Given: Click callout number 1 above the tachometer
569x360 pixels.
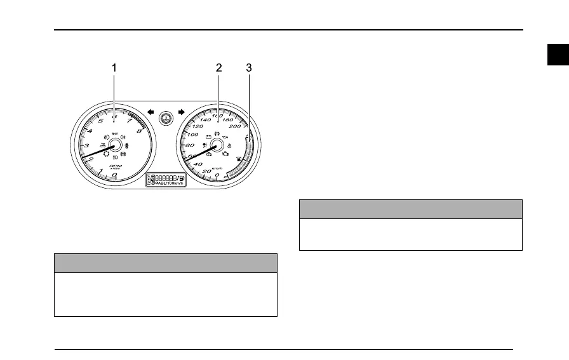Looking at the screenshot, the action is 114,67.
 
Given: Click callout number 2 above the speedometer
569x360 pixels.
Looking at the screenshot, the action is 218,67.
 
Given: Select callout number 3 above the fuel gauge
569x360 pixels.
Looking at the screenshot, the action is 248,67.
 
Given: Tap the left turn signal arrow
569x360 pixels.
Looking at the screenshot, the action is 151,111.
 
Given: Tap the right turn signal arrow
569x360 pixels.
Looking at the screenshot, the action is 181,111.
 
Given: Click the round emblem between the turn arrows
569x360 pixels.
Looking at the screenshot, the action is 166,117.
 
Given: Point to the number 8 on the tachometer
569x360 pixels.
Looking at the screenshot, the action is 139,131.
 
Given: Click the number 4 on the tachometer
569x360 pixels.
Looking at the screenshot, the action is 90,131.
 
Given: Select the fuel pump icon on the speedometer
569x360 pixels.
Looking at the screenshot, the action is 239,159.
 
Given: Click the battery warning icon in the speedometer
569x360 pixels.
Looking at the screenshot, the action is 208,136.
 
